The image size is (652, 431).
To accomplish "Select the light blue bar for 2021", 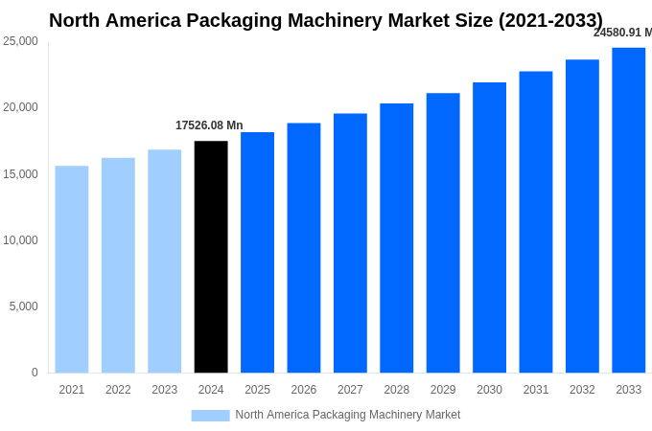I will coord(72,269).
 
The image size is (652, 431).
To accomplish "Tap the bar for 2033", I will coord(628,210).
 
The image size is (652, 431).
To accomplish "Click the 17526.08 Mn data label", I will coord(209,125).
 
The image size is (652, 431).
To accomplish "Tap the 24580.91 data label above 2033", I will coord(622,33).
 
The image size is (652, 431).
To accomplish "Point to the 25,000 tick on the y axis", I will coord(20,41).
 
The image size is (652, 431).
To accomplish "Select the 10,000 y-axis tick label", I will coord(20,240).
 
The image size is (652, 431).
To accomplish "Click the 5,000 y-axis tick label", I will coord(23,306).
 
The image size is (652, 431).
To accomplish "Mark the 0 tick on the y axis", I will coord(35,373).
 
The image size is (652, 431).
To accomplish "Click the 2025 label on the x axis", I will coord(257,390).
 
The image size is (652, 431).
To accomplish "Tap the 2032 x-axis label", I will coord(582,390).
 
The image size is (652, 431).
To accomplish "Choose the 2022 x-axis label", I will coord(118,390).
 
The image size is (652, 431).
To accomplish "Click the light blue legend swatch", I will coord(210,415).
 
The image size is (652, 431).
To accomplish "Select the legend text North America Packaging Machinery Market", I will coord(347,415).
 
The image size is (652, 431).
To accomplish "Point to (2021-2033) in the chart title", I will coord(550,20).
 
